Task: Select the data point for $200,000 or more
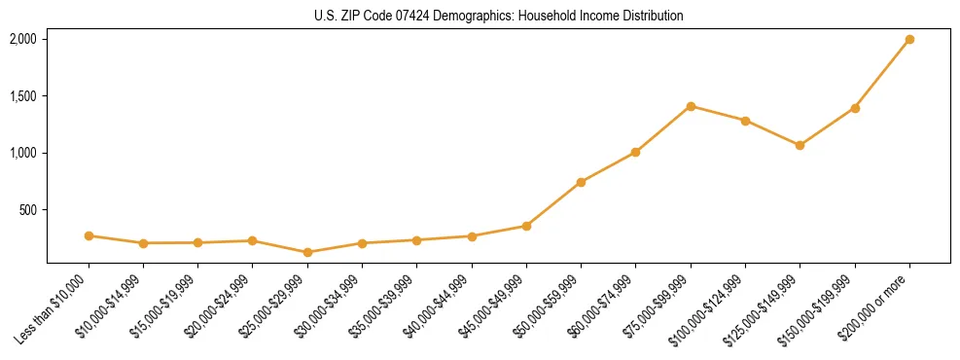pos(909,40)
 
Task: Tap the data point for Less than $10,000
pos(89,235)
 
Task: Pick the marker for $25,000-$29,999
pos(307,252)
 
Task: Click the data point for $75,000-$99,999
pos(691,106)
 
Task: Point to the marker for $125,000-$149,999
pos(800,145)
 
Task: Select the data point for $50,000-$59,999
pos(581,182)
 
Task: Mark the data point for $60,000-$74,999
pos(635,152)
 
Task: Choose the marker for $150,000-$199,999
pos(855,108)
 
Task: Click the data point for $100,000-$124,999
pos(745,121)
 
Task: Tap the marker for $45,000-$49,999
pos(526,226)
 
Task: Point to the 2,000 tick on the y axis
pos(22,39)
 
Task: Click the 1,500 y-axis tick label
pos(22,96)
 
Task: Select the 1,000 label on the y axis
pos(22,153)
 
